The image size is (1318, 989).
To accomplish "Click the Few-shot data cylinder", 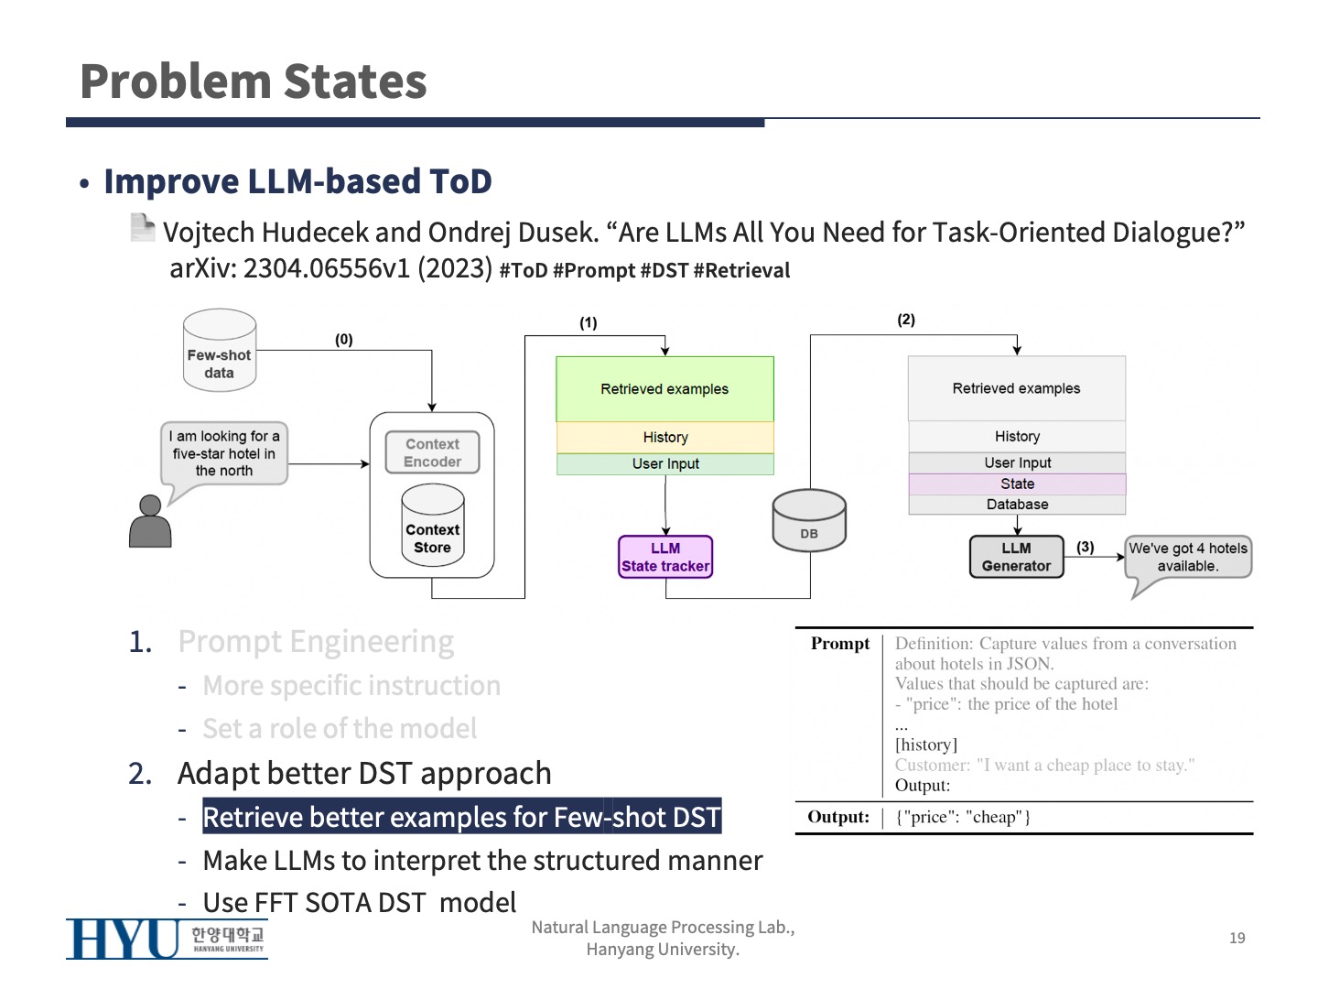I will click(x=219, y=352).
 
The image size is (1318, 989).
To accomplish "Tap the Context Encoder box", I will click(x=432, y=452).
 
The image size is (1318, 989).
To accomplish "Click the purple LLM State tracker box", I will click(x=665, y=557).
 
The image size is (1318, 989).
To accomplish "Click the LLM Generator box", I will click(x=1016, y=557).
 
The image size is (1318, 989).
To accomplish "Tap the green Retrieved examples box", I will click(x=664, y=389).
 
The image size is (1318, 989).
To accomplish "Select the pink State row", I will click(x=1017, y=484).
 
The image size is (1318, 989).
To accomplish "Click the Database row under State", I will click(x=1017, y=505).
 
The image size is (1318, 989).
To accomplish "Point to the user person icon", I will click(x=150, y=522).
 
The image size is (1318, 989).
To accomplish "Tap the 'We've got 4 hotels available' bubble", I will click(x=1187, y=558).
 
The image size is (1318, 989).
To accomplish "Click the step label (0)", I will click(x=343, y=340).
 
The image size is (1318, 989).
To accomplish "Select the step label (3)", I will click(x=1085, y=547).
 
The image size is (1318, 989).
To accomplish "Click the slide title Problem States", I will click(x=254, y=82).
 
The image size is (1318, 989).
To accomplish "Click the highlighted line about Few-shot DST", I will click(x=461, y=817).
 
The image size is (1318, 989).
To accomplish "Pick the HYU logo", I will click(x=167, y=939).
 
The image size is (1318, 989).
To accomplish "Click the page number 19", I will click(x=1237, y=938).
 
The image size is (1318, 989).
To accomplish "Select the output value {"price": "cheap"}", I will click(x=963, y=817).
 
